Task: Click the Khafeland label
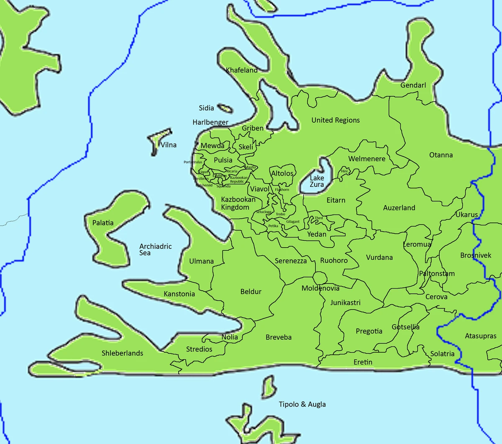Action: [241, 70]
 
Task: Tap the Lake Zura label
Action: [317, 181]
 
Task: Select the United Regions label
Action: [336, 120]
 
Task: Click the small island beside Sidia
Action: [225, 108]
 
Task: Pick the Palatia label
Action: [103, 223]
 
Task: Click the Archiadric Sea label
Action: [155, 250]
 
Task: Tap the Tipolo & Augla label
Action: [302, 404]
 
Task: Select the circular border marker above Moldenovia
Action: [320, 277]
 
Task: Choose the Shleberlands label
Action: [122, 353]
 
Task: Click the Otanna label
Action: [441, 155]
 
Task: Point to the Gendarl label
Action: [413, 85]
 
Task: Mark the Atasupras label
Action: [481, 336]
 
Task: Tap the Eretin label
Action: [363, 362]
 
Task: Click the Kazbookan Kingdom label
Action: [238, 203]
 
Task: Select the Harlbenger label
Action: [210, 122]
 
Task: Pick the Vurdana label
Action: [379, 258]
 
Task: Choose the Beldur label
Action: [251, 292]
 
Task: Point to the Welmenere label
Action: [367, 159]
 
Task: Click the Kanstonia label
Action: [179, 294]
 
